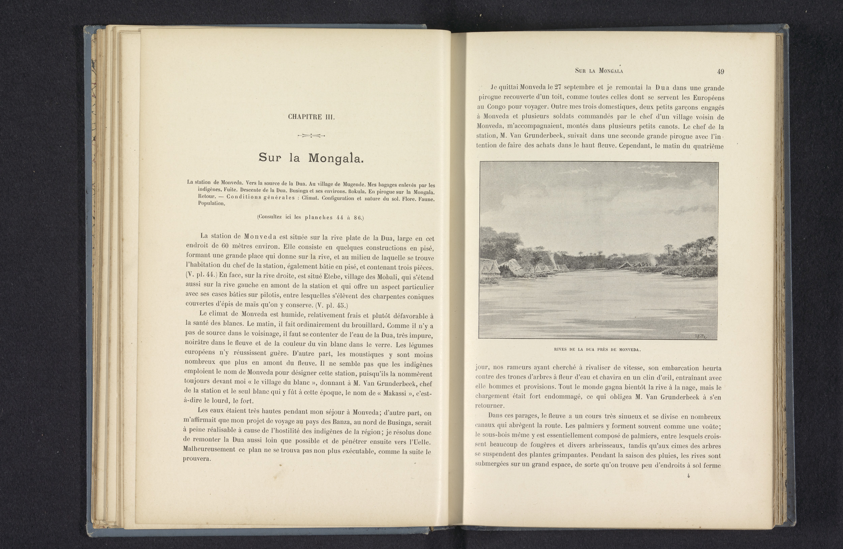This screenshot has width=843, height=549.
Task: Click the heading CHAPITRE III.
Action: click(311, 117)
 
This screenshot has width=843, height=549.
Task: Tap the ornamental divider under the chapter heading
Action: click(311, 135)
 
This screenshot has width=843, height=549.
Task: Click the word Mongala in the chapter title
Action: click(336, 158)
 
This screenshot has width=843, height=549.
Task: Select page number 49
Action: click(721, 72)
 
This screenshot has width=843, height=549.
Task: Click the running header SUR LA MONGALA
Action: click(599, 71)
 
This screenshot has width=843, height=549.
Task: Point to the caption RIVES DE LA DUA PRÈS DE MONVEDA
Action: click(598, 350)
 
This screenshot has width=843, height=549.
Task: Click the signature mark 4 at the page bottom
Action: click(688, 476)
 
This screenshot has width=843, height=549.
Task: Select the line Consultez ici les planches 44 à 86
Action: click(310, 217)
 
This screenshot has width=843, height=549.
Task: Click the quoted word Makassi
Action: click(399, 393)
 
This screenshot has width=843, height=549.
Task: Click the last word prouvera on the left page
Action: click(197, 459)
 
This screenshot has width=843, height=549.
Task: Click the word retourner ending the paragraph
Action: click(489, 406)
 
